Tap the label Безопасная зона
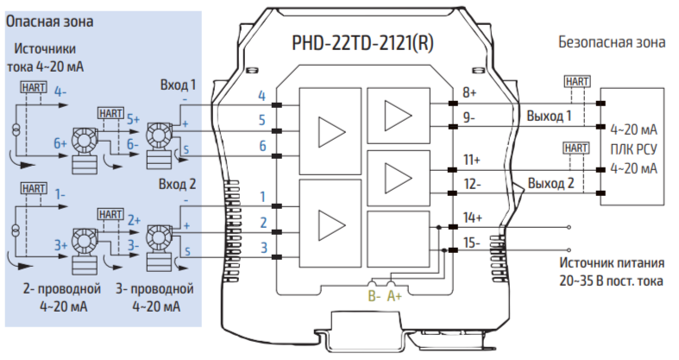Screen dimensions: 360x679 (613, 41)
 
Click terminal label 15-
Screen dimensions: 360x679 (472, 243)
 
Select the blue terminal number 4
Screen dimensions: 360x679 (261, 96)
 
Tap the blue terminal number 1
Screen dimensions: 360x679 (261, 197)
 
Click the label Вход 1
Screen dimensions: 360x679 (179, 85)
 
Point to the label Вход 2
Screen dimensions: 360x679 (179, 185)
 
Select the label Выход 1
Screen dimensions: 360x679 (550, 116)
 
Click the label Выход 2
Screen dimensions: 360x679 (550, 183)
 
